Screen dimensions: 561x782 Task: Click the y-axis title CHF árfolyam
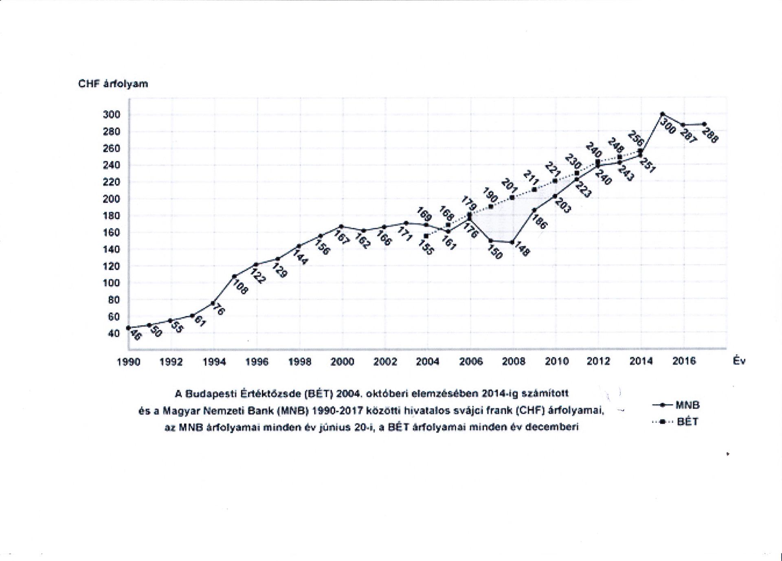coord(113,84)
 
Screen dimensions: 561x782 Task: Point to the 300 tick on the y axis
coord(112,115)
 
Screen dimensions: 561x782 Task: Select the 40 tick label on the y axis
coord(114,333)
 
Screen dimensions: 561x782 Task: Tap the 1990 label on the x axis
coord(129,362)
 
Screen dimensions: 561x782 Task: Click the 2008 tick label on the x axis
coord(514,362)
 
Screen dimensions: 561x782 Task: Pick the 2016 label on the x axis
coord(684,361)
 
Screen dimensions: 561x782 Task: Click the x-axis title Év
coord(739,361)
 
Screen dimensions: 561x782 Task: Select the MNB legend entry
coord(687,405)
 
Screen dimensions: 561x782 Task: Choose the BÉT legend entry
coord(688,422)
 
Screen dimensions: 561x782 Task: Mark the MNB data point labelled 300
coord(662,114)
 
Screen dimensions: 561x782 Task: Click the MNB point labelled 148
coord(513,242)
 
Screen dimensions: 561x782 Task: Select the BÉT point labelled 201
coord(512,197)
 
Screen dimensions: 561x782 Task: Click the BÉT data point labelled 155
coord(426,236)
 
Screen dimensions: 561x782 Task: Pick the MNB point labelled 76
coord(213,303)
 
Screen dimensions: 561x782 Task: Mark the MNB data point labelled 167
coord(341,226)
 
